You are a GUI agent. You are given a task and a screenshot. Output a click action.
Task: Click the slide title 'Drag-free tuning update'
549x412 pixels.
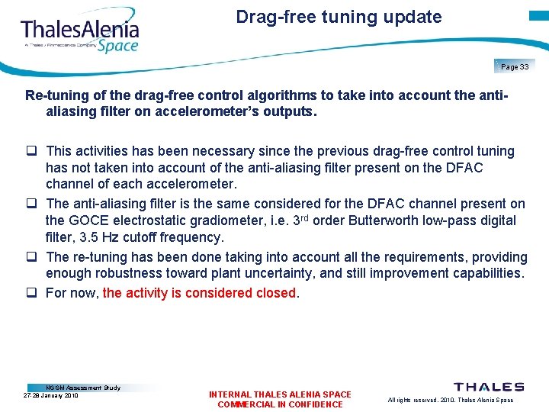click(339, 17)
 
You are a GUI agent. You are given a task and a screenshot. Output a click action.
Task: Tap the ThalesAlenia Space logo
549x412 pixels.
click(80, 34)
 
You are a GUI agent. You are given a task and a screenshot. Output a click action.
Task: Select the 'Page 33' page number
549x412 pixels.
click(515, 67)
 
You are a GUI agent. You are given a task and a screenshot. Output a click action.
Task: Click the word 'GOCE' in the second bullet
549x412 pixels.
click(98, 220)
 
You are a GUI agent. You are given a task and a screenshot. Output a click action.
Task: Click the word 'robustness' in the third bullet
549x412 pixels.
click(125, 273)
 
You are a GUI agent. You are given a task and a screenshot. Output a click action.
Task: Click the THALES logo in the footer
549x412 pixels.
click(489, 388)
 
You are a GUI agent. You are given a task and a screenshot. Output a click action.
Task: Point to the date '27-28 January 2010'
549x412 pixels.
click(51, 395)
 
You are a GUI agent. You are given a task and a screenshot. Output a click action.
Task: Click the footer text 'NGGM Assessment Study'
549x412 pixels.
click(83, 388)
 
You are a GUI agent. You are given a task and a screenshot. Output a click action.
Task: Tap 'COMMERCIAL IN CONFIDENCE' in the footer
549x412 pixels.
click(280, 404)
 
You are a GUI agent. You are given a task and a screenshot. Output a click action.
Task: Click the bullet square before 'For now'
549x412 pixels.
click(34, 293)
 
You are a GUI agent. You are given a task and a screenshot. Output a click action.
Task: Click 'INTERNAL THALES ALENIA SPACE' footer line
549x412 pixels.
click(280, 394)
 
